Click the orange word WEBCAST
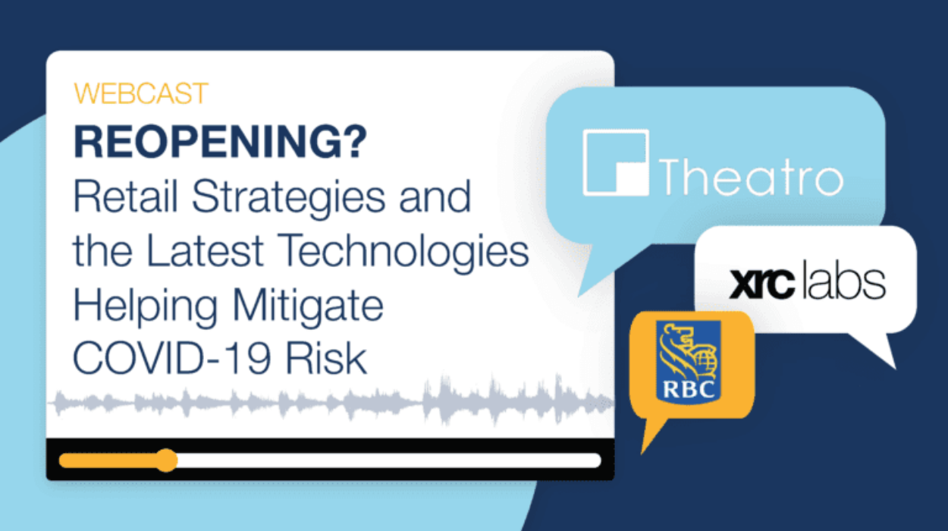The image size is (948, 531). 141,93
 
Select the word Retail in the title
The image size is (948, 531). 125,196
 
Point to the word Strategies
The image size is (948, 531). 289,199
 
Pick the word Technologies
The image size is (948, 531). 404,253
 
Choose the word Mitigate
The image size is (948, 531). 308,306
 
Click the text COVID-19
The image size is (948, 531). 172,358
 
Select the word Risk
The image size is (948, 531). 326,358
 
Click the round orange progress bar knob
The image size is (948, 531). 166,460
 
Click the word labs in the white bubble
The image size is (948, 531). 844,281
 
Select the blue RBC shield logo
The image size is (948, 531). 688,361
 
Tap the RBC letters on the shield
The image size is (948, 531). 688,390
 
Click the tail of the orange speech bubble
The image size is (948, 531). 651,434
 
